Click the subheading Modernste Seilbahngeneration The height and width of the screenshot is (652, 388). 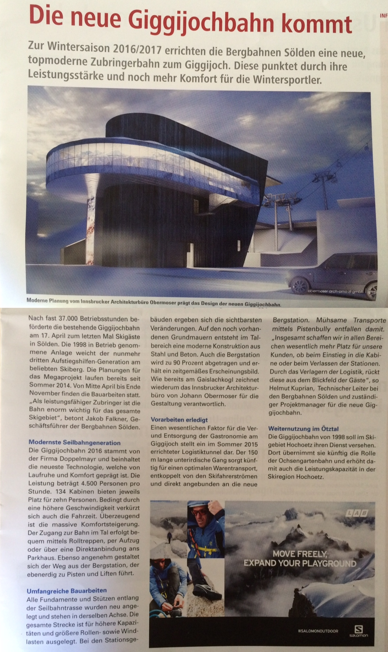coord(74,443)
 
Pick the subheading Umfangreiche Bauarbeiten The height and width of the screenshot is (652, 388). coord(67,590)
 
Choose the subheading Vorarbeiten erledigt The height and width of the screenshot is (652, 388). coord(179,420)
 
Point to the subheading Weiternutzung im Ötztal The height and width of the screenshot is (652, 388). coord(303,429)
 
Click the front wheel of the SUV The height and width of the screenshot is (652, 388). coord(300,284)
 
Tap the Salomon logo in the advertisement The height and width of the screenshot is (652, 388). coord(359,631)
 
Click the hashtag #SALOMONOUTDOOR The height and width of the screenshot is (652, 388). coord(318,631)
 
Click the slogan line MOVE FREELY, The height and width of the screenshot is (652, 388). coord(299,553)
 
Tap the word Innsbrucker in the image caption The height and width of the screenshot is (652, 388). coord(95,301)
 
